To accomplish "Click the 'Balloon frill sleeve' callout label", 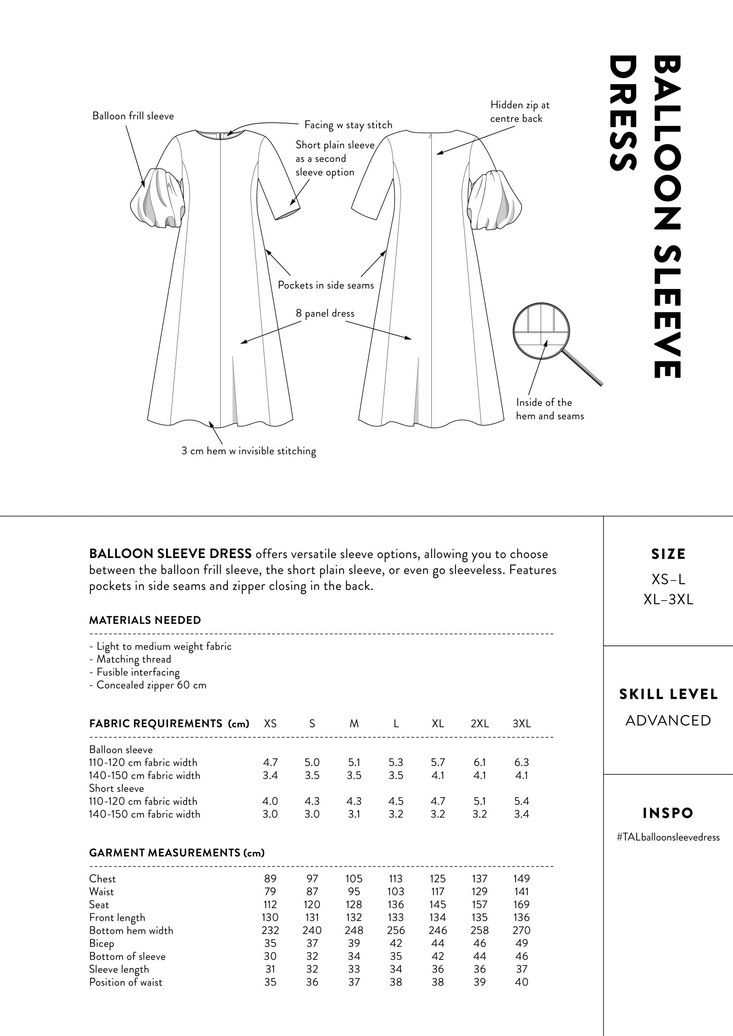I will click(133, 116).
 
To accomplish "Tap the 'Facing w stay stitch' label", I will click(348, 125).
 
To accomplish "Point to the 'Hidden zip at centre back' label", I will click(520, 111).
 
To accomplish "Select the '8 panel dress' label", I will click(325, 313).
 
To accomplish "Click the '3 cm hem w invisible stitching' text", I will click(248, 451).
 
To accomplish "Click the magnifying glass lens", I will click(541, 331).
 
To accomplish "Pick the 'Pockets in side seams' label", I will click(326, 285).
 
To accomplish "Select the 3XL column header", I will click(521, 723).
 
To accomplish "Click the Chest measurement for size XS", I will click(270, 879).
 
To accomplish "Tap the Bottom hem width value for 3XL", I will click(521, 930).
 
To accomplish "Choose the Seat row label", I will click(99, 905).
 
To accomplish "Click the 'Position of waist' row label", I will click(126, 982).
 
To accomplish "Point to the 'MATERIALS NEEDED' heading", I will click(145, 620).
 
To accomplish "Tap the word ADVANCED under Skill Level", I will click(668, 721).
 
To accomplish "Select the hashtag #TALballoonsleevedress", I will click(668, 837).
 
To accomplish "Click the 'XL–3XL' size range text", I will click(668, 600).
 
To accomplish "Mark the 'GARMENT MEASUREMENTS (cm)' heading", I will click(177, 852).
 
